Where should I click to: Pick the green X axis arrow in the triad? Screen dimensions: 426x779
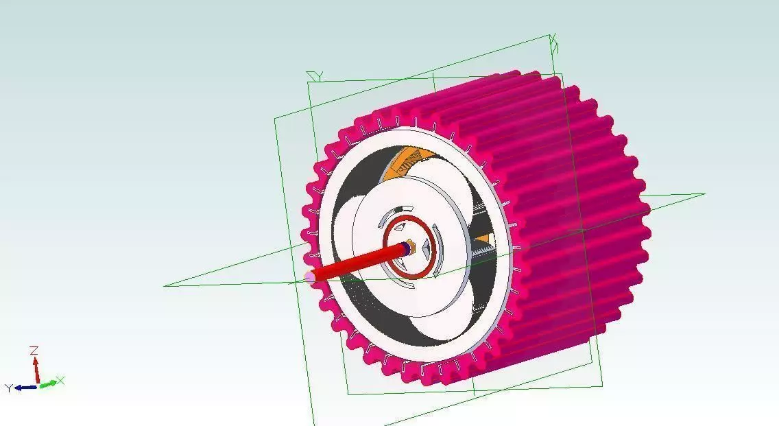click(47, 384)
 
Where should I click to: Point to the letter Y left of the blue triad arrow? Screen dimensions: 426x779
click(9, 388)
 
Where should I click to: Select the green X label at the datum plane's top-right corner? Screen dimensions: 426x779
click(554, 45)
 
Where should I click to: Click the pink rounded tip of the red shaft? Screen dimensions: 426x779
click(310, 276)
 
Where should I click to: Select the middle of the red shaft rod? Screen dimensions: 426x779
click(357, 263)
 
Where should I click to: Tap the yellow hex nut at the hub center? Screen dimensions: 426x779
click(409, 246)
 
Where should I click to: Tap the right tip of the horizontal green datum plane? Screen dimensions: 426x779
click(703, 194)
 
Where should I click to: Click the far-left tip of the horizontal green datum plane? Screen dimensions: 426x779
click(165, 285)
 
